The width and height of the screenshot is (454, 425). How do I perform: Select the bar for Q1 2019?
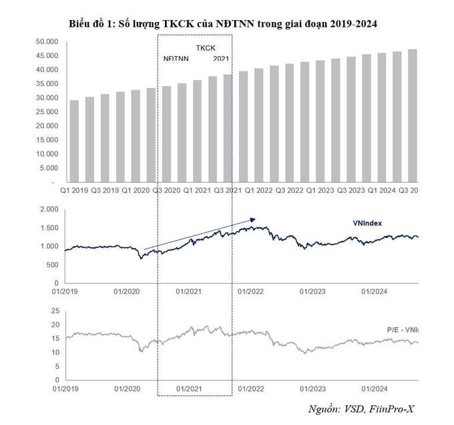coord(74,141)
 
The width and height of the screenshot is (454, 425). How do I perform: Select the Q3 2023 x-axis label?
coord(351,190)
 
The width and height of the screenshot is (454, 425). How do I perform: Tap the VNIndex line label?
coord(367,224)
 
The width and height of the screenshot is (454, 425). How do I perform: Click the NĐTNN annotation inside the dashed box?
coord(177,59)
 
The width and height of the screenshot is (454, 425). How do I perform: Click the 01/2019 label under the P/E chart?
coord(65,388)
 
